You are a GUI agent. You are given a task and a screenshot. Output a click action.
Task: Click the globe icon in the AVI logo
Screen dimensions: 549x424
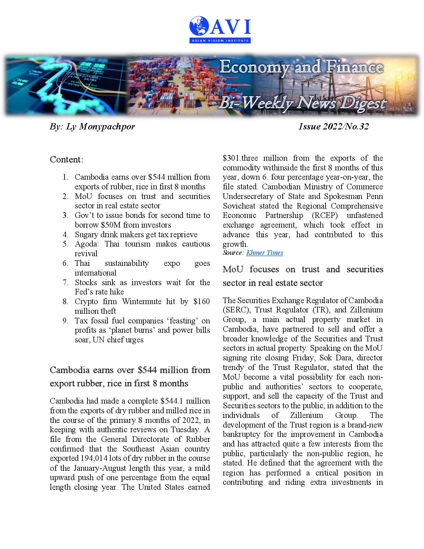(x=199, y=26)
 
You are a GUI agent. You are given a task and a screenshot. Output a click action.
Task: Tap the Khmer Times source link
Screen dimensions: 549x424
(x=264, y=253)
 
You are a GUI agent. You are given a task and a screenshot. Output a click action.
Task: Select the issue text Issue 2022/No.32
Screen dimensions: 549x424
(x=334, y=126)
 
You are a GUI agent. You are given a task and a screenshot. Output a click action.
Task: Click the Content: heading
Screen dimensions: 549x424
(x=67, y=159)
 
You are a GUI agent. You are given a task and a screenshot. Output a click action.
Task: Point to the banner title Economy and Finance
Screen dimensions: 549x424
(x=301, y=68)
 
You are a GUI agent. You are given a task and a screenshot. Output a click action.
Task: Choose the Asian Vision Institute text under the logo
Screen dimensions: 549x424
(x=219, y=41)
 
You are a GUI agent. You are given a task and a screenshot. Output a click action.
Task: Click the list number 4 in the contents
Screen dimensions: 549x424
(x=65, y=235)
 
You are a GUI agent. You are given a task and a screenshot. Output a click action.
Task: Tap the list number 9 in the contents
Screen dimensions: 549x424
(x=65, y=321)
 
